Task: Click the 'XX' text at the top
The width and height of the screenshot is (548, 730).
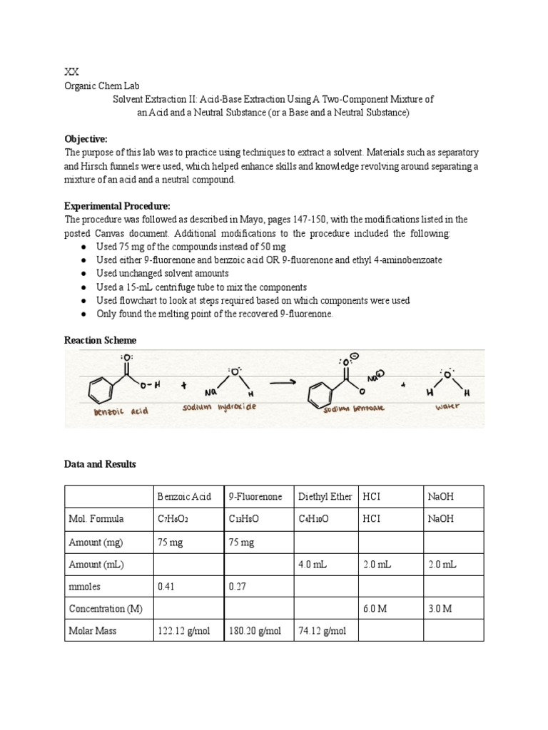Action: [71, 72]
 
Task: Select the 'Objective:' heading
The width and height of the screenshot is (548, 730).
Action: [86, 139]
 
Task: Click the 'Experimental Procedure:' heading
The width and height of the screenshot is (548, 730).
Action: [117, 206]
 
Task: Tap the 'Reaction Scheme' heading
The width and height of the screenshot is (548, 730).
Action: [100, 341]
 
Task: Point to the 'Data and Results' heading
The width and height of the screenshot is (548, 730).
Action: [100, 464]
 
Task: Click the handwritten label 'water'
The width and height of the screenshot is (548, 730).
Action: [447, 406]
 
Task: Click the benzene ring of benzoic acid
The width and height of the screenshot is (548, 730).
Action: [101, 389]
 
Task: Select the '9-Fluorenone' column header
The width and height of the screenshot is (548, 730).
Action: [255, 497]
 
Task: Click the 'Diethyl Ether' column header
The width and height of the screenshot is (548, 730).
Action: [325, 497]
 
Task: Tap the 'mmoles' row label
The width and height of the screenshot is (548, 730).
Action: [86, 586]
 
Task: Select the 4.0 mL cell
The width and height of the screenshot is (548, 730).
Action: [313, 564]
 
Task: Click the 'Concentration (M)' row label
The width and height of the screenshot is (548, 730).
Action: [106, 609]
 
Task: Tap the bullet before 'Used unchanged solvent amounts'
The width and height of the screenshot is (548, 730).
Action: [84, 273]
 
